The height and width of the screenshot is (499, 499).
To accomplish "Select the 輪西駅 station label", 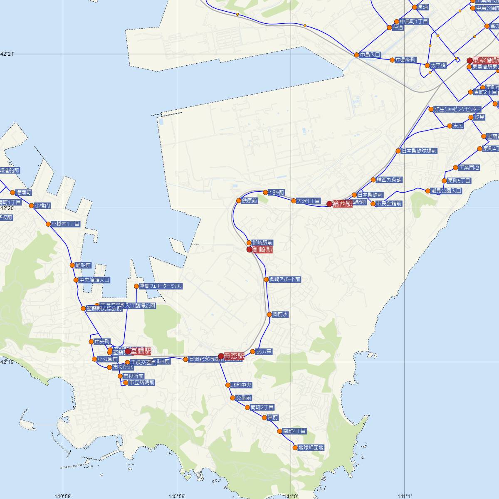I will point(342,204).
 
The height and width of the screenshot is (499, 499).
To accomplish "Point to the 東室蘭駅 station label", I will point(485,61).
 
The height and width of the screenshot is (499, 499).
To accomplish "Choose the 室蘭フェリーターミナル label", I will point(161,286).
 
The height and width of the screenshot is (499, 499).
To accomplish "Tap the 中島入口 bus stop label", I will point(370,54).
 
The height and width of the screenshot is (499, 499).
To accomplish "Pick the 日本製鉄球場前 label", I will point(419,151).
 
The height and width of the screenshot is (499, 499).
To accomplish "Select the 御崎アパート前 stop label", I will point(285,279).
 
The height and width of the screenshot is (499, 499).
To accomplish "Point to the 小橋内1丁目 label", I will point(65,224).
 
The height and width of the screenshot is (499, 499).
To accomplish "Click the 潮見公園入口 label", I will point(446,191).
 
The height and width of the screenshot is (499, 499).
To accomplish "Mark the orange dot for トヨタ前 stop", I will point(266,192).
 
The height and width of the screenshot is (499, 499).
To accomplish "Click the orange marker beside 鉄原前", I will point(239,201).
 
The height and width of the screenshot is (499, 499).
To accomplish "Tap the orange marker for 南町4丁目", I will point(280,432).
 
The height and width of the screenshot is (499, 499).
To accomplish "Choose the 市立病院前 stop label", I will point(141,382).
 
